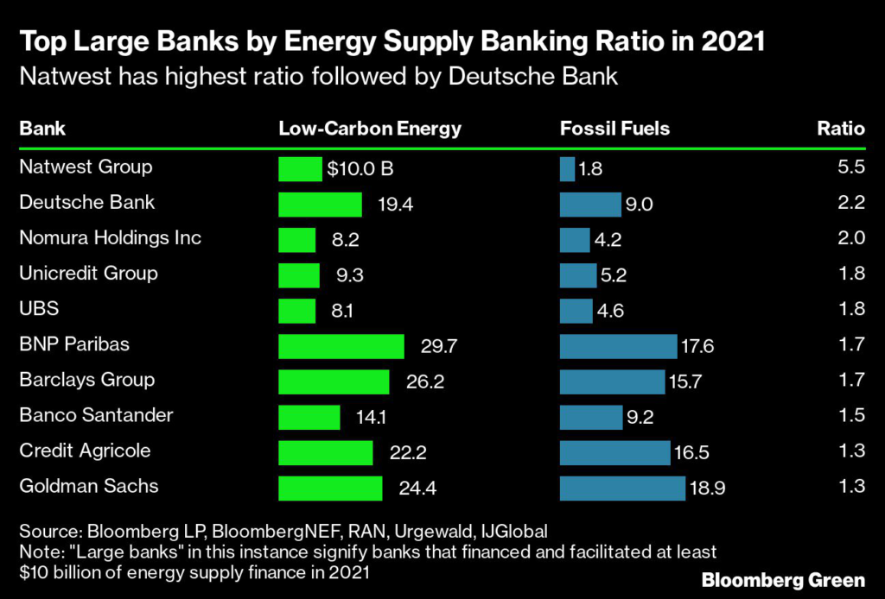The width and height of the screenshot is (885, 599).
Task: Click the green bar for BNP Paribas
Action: coord(341,346)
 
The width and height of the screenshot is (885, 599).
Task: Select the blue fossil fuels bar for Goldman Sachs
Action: coord(622,488)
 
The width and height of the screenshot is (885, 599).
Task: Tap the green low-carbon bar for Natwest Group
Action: coord(300,169)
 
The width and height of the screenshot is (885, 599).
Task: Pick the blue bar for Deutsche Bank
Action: coord(590,205)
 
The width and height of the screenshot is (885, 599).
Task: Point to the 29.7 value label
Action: coord(437,346)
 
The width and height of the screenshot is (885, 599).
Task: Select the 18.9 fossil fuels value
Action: coord(707,488)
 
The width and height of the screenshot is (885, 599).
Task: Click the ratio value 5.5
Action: coord(851,167)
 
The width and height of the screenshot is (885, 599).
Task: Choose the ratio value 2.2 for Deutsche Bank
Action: coord(851,203)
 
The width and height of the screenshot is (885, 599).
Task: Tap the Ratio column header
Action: coord(841,129)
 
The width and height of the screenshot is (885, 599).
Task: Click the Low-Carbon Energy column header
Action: coord(370,129)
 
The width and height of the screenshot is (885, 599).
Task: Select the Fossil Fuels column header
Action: coord(614,129)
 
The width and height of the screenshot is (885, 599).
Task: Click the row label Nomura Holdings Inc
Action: coord(110,237)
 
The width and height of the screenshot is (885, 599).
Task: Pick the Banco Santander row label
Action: coord(96,415)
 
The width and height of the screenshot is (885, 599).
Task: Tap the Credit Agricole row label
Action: coord(85,451)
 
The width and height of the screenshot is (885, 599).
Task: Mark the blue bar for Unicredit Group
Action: coord(578,275)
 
